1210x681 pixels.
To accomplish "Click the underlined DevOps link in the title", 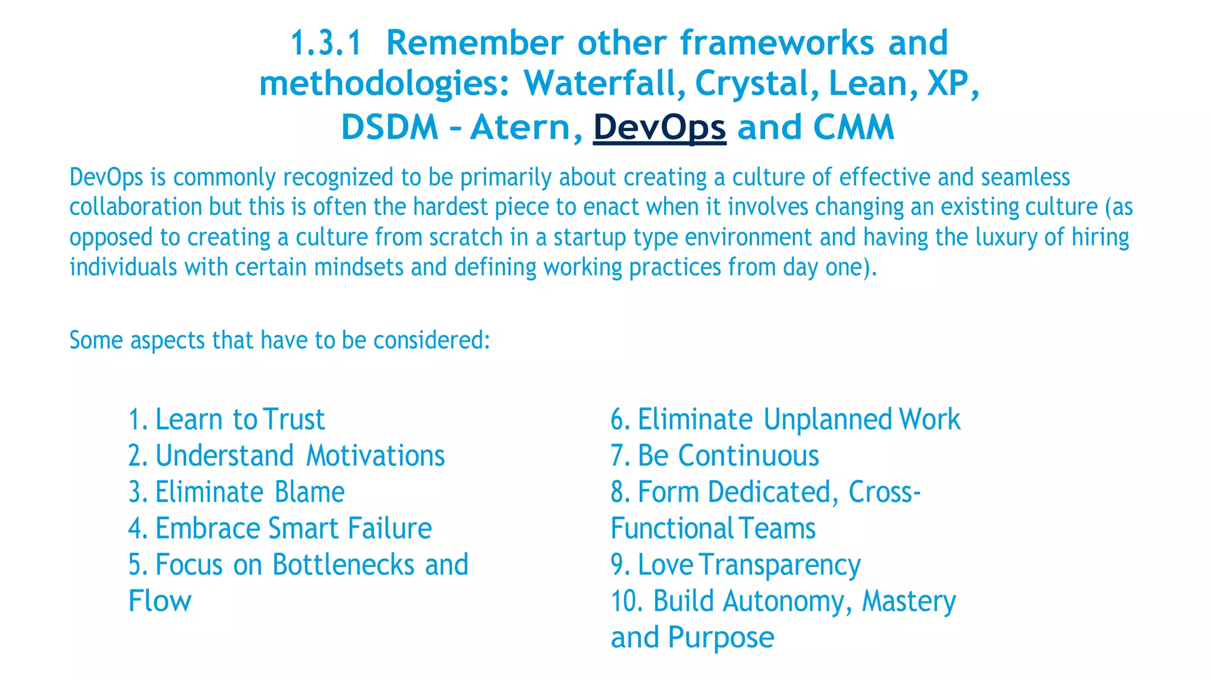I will coord(659,127).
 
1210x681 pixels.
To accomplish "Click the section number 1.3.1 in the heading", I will coord(326,43).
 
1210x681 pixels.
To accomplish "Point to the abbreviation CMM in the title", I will coord(854,127).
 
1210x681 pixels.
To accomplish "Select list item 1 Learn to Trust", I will coord(226,420).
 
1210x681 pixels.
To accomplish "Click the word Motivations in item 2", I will coord(375,456).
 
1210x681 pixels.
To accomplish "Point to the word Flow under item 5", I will coord(160,601).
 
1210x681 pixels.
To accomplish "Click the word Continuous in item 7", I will coord(748,456).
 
